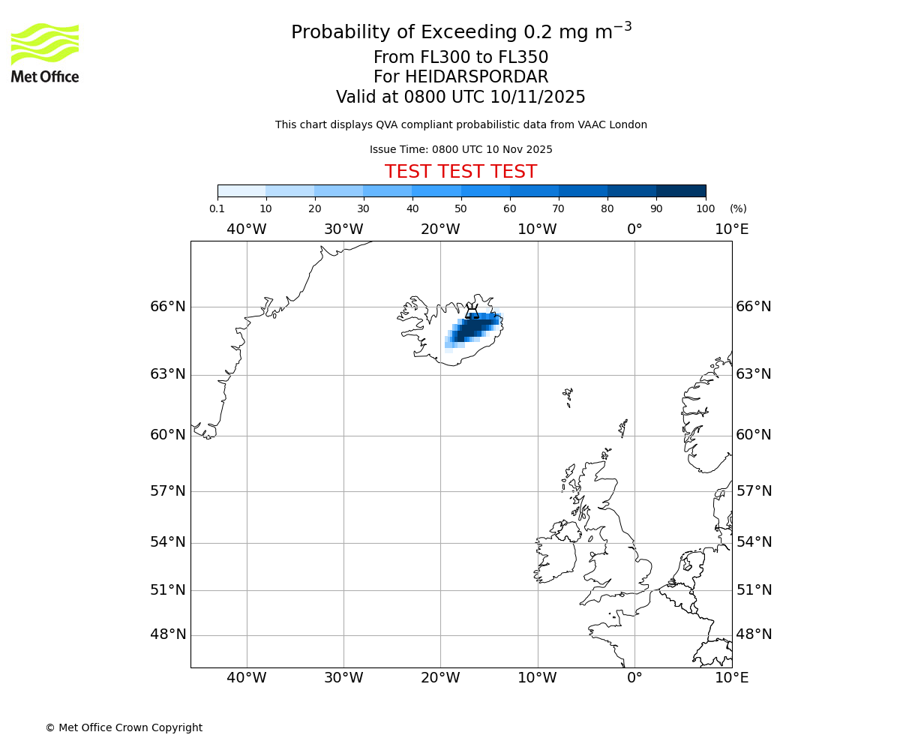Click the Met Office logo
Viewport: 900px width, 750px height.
45,52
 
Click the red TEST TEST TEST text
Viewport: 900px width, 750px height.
460,172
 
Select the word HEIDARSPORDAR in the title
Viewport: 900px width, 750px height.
476,77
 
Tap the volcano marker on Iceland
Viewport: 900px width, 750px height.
472,311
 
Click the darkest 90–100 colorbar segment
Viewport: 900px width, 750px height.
680,190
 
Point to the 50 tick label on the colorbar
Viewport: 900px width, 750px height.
460,209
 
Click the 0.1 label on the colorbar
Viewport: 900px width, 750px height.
217,209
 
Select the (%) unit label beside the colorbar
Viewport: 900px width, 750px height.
738,209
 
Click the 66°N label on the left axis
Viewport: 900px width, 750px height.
167,306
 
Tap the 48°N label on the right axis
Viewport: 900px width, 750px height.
754,634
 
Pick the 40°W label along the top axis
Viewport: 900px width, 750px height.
246,229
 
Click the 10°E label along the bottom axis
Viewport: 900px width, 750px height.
731,678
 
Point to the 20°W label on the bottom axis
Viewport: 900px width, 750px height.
440,678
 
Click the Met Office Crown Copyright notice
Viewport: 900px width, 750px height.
124,727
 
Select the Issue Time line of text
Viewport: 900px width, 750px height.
460,150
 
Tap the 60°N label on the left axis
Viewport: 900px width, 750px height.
167,435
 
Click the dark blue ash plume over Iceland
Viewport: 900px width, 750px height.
471,328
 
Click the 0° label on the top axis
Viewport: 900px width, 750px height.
634,229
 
